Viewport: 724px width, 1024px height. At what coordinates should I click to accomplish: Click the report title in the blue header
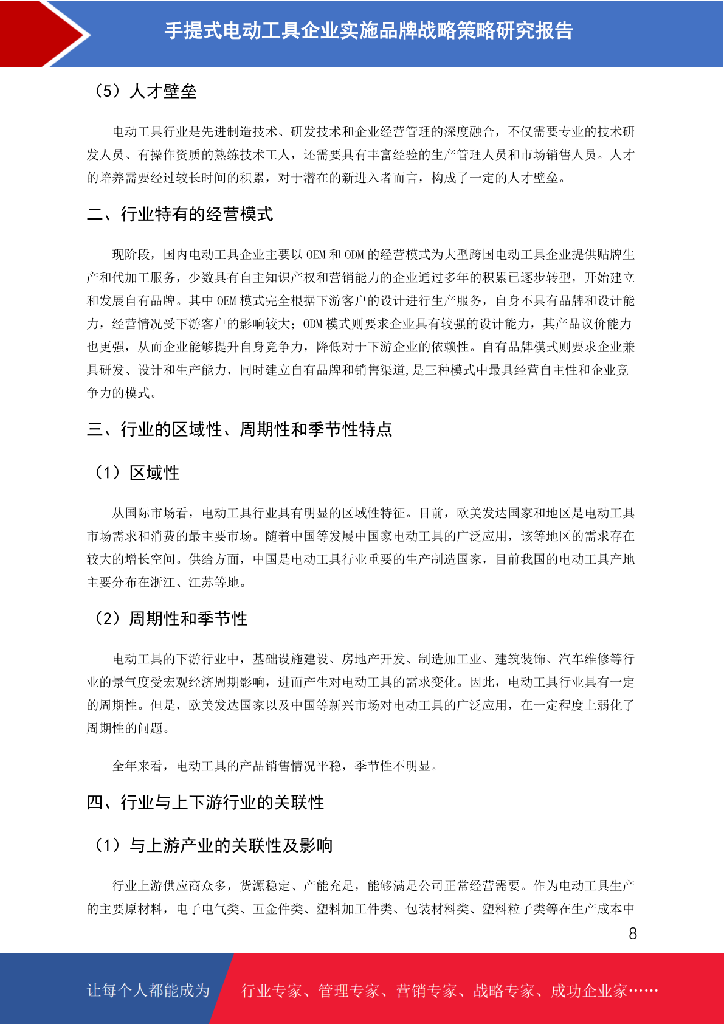(368, 30)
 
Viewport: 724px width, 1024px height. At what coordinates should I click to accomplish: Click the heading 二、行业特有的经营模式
(180, 214)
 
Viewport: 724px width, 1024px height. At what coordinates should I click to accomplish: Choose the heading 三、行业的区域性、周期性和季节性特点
(240, 429)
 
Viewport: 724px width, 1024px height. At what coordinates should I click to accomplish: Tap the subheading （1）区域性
(136, 472)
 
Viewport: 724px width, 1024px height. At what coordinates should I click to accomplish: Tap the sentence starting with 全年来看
(275, 766)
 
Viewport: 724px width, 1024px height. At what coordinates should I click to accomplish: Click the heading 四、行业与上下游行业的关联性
(205, 803)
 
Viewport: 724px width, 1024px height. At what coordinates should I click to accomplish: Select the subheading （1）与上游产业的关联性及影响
(213, 845)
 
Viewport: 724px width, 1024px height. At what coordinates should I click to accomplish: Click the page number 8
(633, 934)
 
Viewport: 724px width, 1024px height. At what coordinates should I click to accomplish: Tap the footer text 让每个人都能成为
(148, 991)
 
